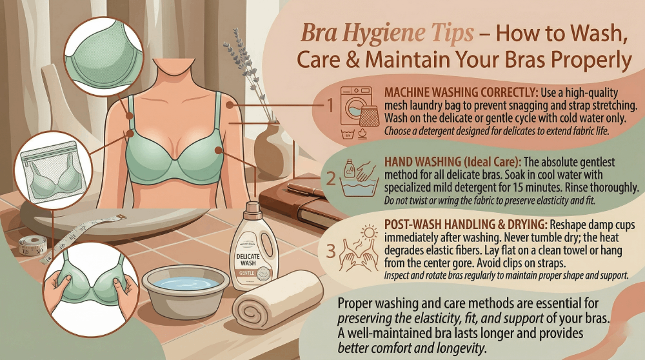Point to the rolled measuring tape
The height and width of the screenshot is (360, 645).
31,245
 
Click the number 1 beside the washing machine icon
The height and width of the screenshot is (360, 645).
330,105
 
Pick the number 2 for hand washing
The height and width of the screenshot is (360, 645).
330,179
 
